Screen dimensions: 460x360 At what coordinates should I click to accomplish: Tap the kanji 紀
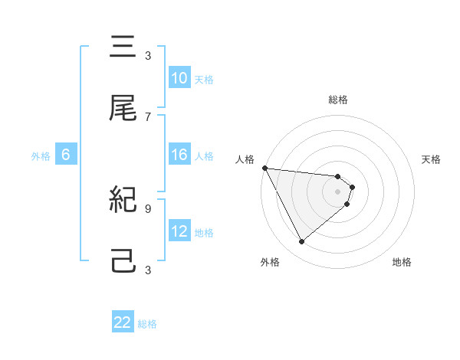pos(123,200)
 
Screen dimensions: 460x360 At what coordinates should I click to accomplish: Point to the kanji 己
pos(123,261)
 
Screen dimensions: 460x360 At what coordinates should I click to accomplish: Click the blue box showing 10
pos(179,78)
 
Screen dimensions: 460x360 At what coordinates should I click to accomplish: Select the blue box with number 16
pos(179,155)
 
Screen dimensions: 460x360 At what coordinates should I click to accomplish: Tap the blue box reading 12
pos(179,231)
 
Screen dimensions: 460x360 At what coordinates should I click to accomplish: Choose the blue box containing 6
pos(66,155)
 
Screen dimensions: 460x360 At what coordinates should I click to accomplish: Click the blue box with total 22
pos(123,322)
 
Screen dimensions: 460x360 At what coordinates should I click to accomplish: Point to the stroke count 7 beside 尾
pos(148,116)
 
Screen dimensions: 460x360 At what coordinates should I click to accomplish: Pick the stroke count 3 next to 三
pos(148,55)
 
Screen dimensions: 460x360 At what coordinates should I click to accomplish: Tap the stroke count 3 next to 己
pos(148,270)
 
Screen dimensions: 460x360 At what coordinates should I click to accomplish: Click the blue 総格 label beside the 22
pos(147,324)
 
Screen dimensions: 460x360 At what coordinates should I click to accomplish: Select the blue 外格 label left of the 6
pos(41,156)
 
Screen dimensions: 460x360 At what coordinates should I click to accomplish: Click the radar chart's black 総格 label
pos(338,100)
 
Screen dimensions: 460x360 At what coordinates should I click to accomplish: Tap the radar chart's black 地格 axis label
pos(402,262)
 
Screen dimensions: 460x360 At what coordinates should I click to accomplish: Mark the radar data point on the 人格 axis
pos(264,168)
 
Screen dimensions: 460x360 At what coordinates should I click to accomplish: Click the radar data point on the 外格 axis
pos(301,242)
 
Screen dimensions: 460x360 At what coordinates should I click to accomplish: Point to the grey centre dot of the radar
pos(338,191)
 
